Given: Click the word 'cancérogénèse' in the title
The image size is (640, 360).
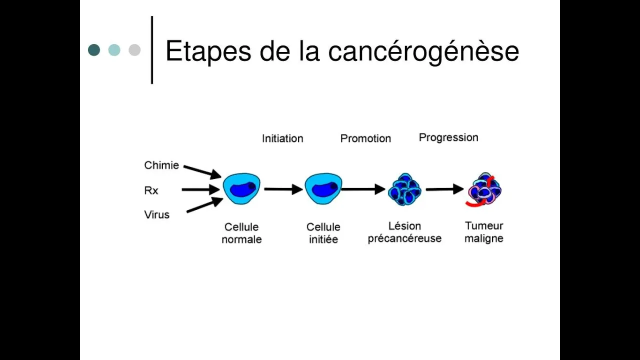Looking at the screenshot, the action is coord(423,51).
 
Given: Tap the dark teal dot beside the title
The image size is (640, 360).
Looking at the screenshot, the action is coord(94,50).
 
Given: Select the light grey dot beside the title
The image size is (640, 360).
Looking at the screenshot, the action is coord(134,50).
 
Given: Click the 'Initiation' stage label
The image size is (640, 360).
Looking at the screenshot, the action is coord(282,138).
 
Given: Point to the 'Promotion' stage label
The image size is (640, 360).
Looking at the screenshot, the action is coord(365,138).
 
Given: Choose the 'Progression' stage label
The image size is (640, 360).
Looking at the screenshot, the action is coord(448,137).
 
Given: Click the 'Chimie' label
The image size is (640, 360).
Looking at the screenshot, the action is coord(161,165).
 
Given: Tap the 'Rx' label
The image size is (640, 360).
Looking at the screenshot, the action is coord(151,190).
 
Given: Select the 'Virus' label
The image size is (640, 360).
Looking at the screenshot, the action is coord(157,214).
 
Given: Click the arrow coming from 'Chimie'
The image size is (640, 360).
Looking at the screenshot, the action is coord(202,171).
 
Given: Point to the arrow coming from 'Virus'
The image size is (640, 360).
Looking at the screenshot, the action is coord(204,205).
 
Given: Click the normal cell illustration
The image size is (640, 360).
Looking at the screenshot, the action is coord(241,188).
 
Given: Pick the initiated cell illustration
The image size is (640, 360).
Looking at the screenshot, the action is coord(323,188).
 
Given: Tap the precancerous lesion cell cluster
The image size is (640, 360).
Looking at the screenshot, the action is coord(404,189).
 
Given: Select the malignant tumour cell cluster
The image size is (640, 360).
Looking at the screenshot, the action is coord(484,189).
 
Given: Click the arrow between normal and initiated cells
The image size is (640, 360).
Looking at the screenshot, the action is coord(283,189).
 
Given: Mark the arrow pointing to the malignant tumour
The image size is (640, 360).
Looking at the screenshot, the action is coord(445,189).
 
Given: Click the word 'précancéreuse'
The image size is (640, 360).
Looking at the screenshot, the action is coord(404,238).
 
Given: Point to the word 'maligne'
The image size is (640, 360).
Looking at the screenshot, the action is coord(484,238).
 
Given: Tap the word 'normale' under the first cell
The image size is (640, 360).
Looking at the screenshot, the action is coord(241,239).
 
